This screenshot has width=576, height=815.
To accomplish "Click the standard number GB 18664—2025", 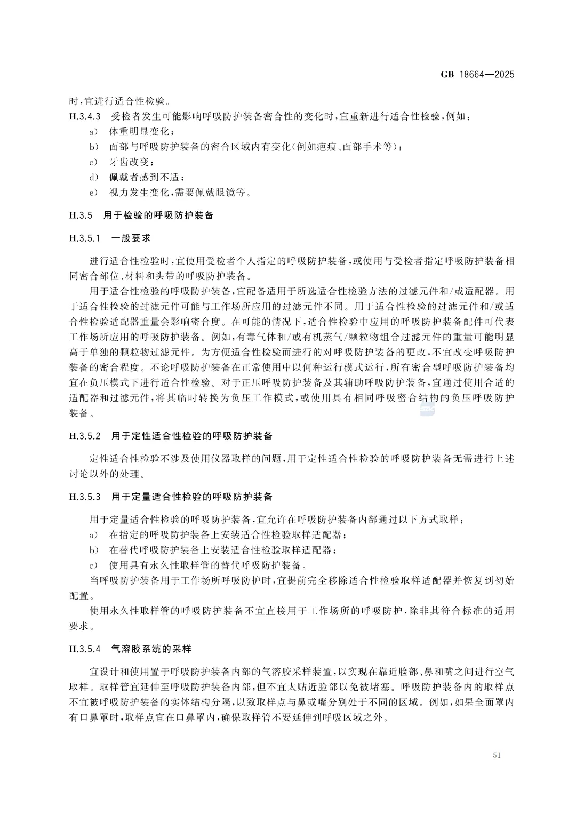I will click(477, 75).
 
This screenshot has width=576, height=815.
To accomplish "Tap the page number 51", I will click(497, 755).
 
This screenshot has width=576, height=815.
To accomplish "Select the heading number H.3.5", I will click(81, 215).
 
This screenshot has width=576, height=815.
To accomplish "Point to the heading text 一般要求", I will click(131, 238).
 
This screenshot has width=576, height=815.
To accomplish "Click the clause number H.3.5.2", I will click(85, 436).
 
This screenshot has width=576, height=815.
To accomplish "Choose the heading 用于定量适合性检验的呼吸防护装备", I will click(192, 497).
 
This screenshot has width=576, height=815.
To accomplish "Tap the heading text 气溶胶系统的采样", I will click(151, 649).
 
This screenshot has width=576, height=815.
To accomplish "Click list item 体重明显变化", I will click(141, 132).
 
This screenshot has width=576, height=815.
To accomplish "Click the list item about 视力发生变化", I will click(180, 193).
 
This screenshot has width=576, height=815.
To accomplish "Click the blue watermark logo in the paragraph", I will click(428, 409).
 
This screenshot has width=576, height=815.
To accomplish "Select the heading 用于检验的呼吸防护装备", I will click(158, 215).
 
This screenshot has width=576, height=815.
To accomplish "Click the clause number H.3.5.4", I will click(85, 649).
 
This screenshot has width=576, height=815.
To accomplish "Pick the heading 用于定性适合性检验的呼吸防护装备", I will click(192, 436).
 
